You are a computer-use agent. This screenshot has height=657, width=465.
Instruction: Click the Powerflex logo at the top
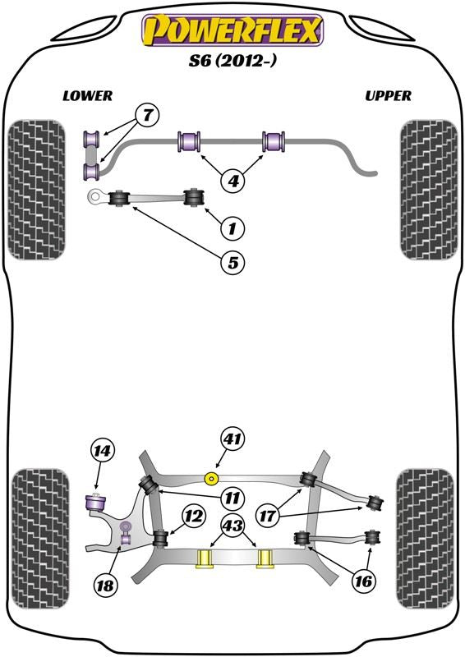click(232, 30)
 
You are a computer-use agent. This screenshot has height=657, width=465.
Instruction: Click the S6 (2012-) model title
click(232, 62)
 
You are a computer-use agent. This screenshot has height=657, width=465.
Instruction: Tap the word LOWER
click(87, 96)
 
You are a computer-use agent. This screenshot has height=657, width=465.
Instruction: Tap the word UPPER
click(388, 96)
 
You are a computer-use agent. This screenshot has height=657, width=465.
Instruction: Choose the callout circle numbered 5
click(232, 264)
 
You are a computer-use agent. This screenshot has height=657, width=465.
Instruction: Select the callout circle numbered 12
click(193, 517)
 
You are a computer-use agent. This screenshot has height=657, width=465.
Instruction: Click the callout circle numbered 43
click(232, 526)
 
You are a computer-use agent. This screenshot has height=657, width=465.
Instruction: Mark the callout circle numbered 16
click(364, 581)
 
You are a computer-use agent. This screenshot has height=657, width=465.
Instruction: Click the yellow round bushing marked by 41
click(212, 477)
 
